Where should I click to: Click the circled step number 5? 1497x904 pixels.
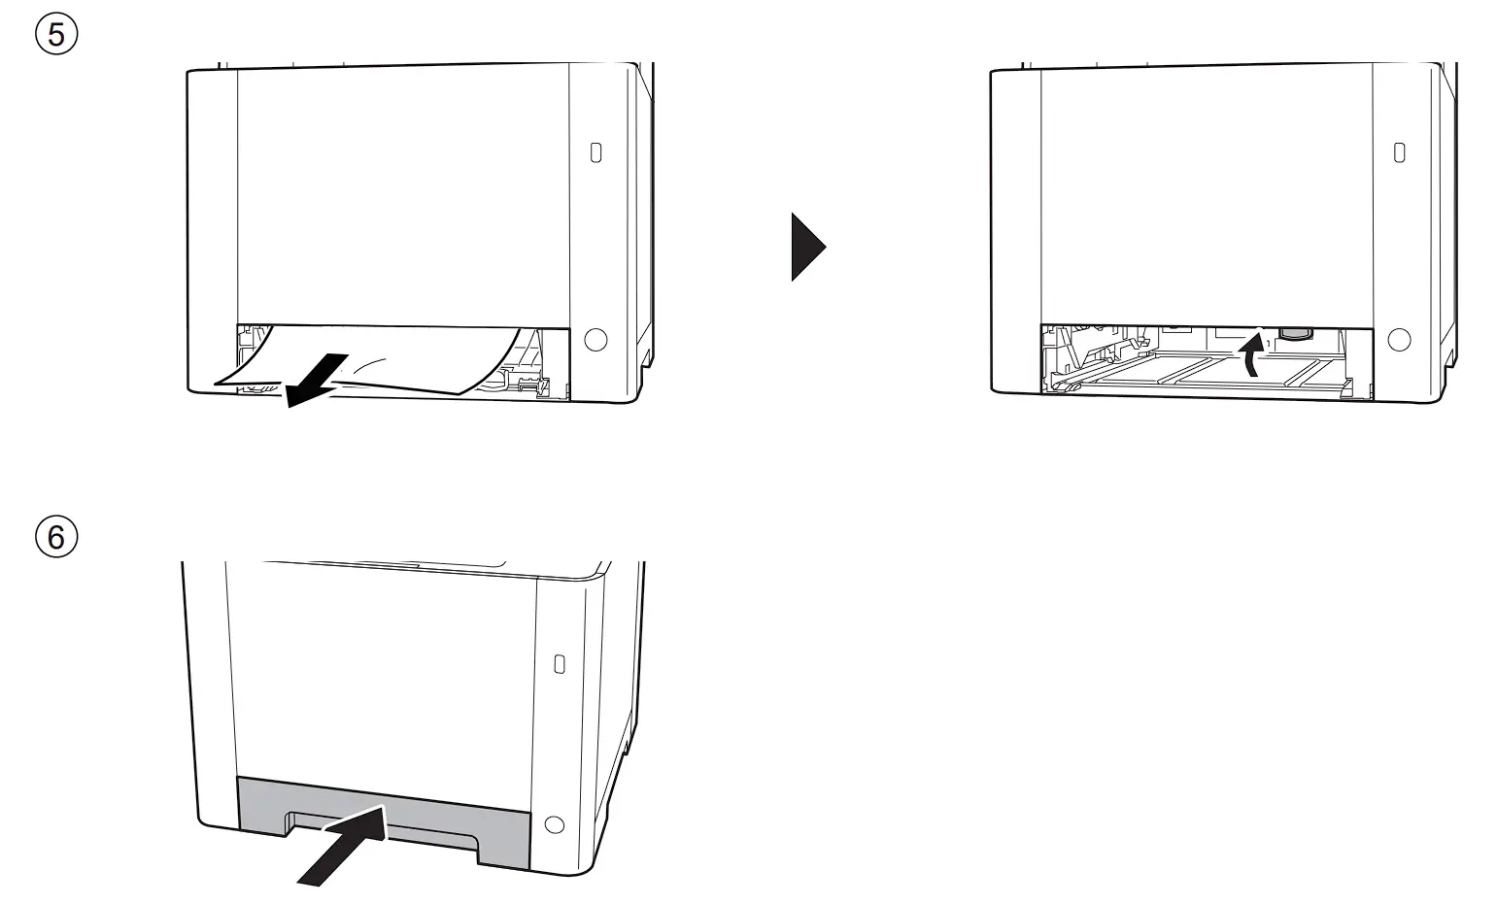tap(57, 35)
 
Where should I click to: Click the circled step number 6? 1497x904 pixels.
tap(57, 535)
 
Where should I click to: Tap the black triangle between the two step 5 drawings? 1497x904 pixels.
tap(807, 248)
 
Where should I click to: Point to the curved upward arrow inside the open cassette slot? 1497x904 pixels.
tap(1253, 354)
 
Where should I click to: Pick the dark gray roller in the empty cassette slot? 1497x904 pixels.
tap(1293, 333)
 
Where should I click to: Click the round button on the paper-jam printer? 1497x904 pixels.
tap(595, 339)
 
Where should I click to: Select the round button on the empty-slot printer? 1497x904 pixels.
tap(1399, 339)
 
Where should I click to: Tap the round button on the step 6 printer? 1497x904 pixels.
tap(555, 824)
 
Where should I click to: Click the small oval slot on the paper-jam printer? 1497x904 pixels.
tap(595, 152)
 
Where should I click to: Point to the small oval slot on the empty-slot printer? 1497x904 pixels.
tap(1399, 152)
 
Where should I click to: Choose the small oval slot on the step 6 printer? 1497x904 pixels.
tap(559, 664)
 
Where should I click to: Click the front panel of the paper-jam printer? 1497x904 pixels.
tap(402, 194)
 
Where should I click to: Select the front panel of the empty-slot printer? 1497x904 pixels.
tap(1206, 194)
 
